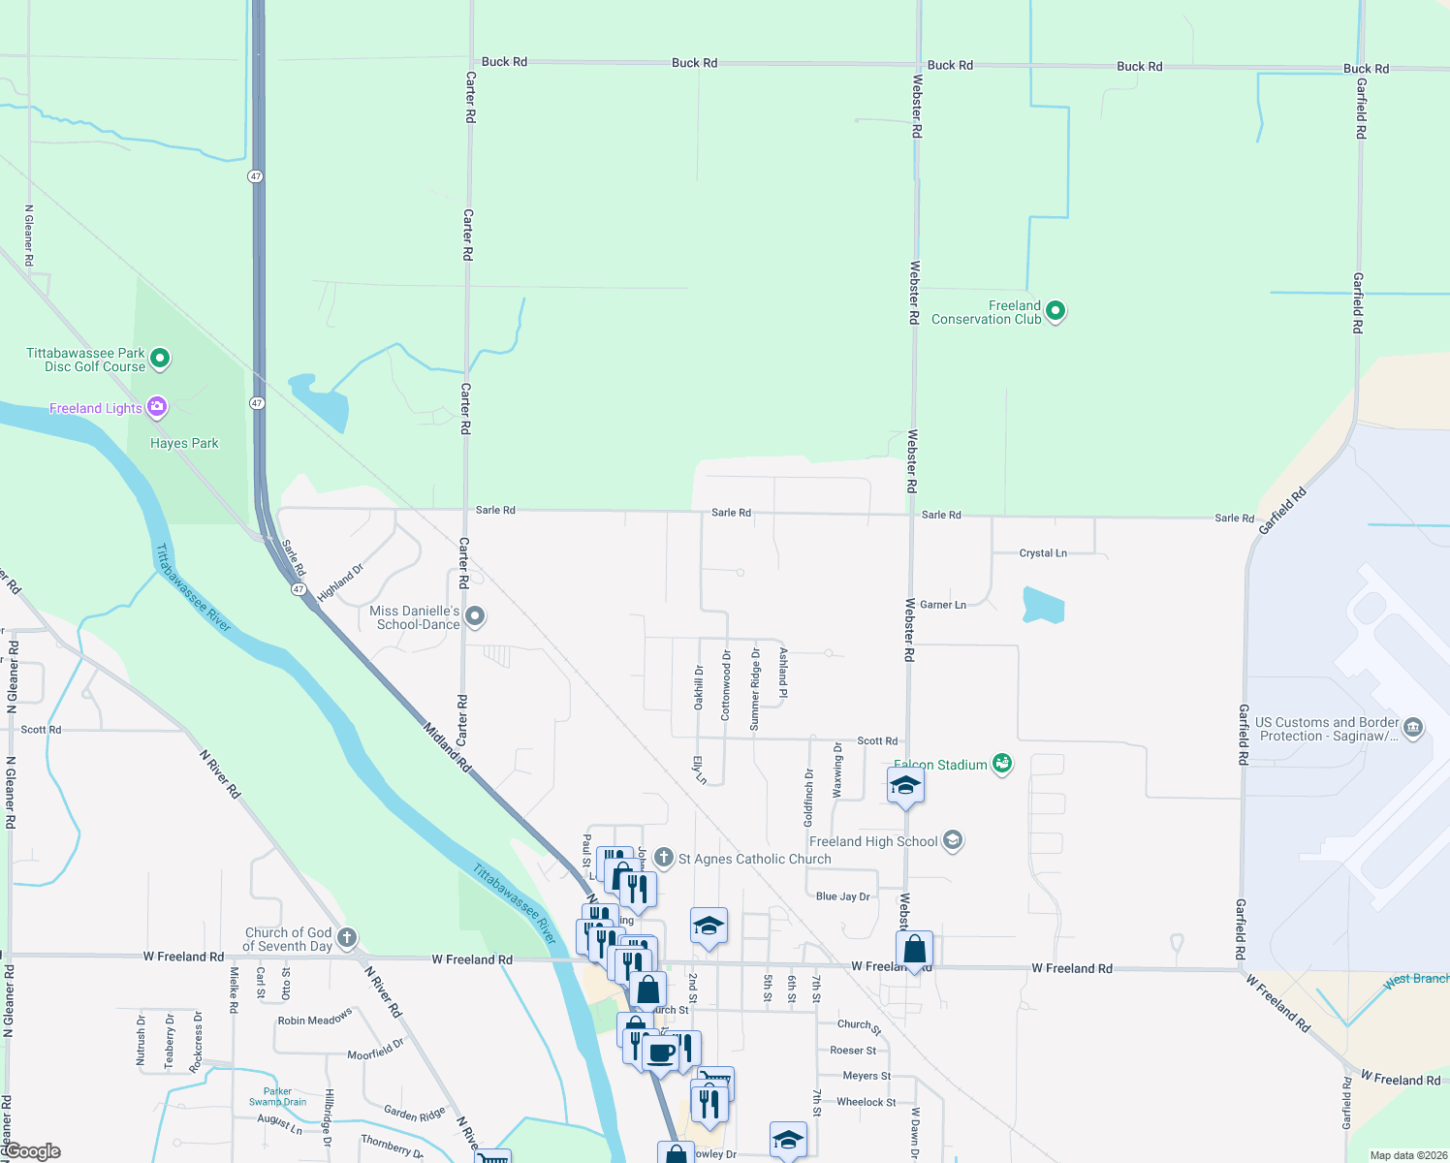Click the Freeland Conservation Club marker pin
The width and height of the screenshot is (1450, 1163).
[1056, 311]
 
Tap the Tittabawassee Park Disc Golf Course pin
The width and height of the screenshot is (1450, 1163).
[160, 359]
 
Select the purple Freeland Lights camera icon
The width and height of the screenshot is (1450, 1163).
[156, 407]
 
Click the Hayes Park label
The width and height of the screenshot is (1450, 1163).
[184, 443]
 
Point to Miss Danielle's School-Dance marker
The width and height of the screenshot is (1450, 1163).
[475, 616]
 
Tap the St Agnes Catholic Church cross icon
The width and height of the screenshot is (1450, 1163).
[664, 857]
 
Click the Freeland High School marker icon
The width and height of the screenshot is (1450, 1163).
[953, 840]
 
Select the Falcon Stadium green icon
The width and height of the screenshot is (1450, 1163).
[1002, 764]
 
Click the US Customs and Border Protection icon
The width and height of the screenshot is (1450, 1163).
[1413, 728]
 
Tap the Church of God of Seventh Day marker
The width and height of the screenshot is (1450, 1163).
[347, 938]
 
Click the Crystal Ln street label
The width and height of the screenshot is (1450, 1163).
[1043, 553]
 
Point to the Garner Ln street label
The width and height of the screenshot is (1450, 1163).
[943, 605]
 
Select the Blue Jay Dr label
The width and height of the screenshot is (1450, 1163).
[843, 896]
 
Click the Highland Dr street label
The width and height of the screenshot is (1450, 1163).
[340, 582]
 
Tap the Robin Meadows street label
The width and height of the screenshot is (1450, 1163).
[315, 1019]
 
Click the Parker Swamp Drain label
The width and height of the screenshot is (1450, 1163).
[277, 1096]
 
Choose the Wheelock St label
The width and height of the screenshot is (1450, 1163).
[866, 1102]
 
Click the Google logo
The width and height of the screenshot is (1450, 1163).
[32, 1151]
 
